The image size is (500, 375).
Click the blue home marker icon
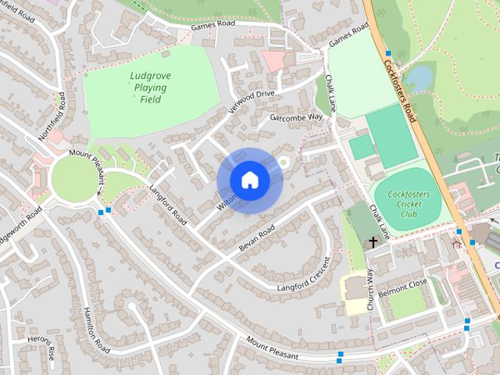tap(249, 180)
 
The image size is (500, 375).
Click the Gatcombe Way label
tap(296, 118)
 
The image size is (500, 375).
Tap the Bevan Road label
tap(257, 238)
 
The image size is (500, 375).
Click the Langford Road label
tap(168, 207)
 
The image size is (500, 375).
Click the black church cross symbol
tap(373, 242)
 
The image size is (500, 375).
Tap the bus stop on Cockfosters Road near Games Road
tap(387, 54)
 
